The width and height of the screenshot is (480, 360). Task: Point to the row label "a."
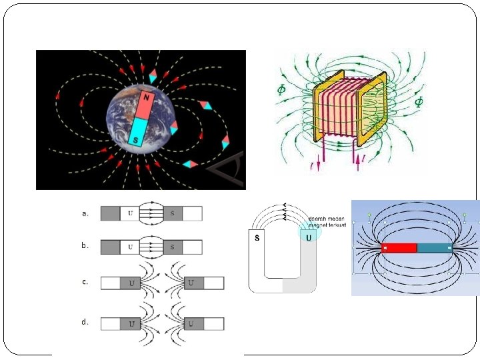click(85, 213)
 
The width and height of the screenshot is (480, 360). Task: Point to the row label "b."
click(85, 245)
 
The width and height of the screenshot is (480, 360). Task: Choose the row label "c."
click(85, 282)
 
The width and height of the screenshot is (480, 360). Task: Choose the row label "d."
click(85, 322)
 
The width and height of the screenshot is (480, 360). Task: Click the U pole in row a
click(131, 213)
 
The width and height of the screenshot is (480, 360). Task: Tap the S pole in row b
click(172, 247)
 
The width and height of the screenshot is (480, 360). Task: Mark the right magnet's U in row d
click(191, 323)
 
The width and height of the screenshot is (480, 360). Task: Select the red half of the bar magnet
click(399, 248)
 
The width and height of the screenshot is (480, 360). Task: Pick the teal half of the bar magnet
click(434, 248)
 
